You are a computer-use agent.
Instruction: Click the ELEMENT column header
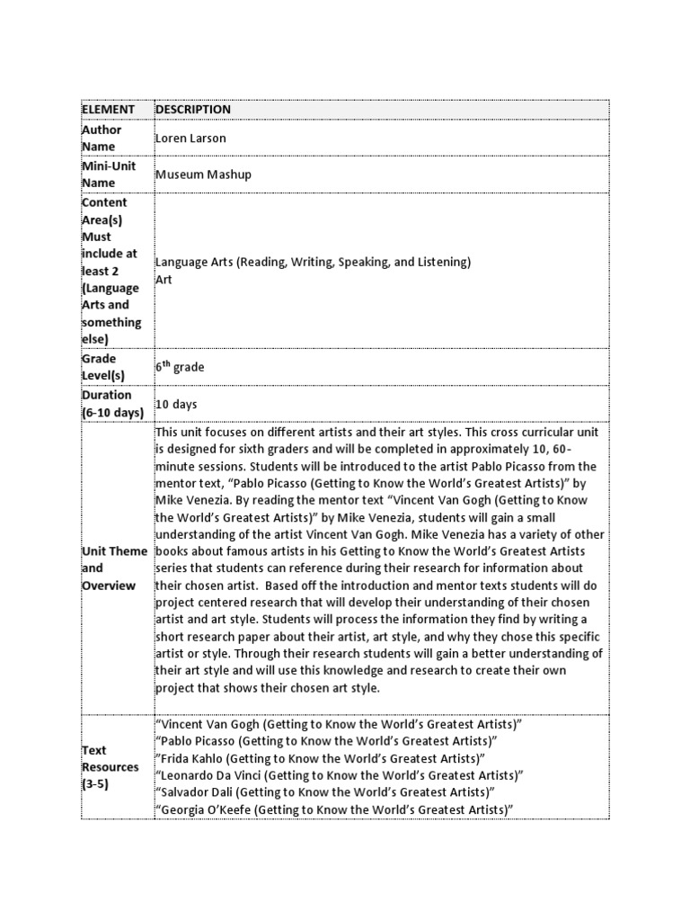[108, 110]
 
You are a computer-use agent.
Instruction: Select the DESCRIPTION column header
[193, 110]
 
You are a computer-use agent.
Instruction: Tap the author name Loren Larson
[192, 139]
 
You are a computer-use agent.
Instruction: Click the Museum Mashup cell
[203, 174]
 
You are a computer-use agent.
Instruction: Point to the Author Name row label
[102, 139]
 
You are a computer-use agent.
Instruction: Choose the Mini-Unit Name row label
[106, 174]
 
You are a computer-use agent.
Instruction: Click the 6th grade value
[180, 367]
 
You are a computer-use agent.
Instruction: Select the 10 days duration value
[176, 405]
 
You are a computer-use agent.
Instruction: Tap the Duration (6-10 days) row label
[112, 404]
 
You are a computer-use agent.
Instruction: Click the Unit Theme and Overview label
[114, 568]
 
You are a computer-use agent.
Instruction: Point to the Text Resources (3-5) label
[111, 767]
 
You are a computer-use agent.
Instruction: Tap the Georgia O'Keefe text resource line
[334, 810]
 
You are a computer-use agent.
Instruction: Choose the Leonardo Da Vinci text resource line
[340, 775]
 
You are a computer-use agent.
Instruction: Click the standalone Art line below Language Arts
[164, 280]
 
